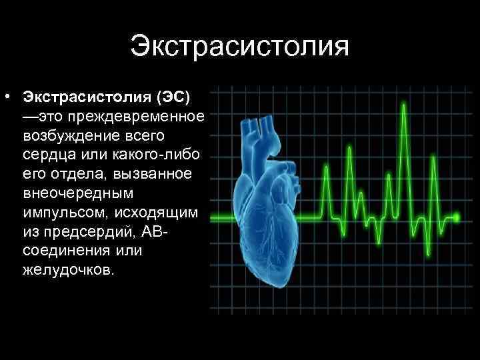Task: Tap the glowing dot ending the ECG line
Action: click(457, 217)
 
